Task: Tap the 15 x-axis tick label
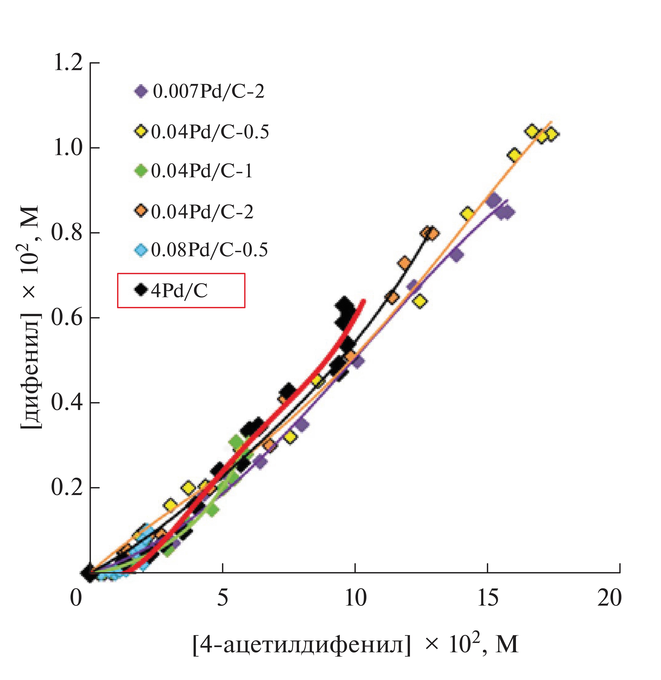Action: (x=487, y=598)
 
